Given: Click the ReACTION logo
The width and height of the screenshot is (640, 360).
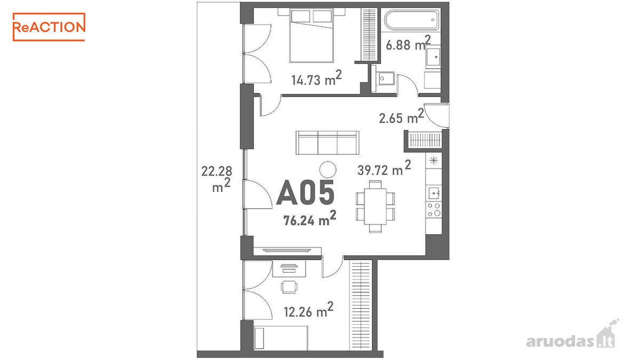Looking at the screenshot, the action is tap(49, 27).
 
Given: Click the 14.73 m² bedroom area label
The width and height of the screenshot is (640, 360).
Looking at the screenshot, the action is tap(316, 78).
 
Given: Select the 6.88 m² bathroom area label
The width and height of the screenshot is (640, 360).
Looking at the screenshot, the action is tap(408, 43).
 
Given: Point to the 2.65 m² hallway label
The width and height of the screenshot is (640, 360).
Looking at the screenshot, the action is tap(401, 116).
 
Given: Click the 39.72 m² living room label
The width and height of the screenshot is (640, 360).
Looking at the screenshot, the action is tap(384, 168).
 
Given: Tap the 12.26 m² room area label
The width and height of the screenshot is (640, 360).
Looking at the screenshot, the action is tap(309, 310).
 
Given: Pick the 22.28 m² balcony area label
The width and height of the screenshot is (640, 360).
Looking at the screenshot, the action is tap(217, 179).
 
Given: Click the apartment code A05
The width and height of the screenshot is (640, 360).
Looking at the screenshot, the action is tap(306, 193).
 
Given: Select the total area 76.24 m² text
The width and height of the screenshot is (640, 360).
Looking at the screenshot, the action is tap(310, 218).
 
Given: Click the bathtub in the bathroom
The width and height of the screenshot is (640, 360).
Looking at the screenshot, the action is tap(411, 20).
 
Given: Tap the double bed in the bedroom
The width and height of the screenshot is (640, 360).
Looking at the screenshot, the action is tap(311, 35).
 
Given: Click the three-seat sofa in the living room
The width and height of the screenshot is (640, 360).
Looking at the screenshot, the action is tap(327, 142).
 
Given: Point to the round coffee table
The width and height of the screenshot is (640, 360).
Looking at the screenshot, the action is tap(327, 170).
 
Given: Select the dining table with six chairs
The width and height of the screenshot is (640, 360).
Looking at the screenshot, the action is tap(375, 206).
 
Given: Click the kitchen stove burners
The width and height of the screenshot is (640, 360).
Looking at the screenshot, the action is tap(434, 210).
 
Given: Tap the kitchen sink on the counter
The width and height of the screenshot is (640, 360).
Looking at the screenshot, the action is tap(434, 193).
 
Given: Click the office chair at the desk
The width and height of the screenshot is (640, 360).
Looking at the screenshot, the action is tap(289, 287).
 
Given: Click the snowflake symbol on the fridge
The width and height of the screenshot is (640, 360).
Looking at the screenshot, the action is tap(434, 161).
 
